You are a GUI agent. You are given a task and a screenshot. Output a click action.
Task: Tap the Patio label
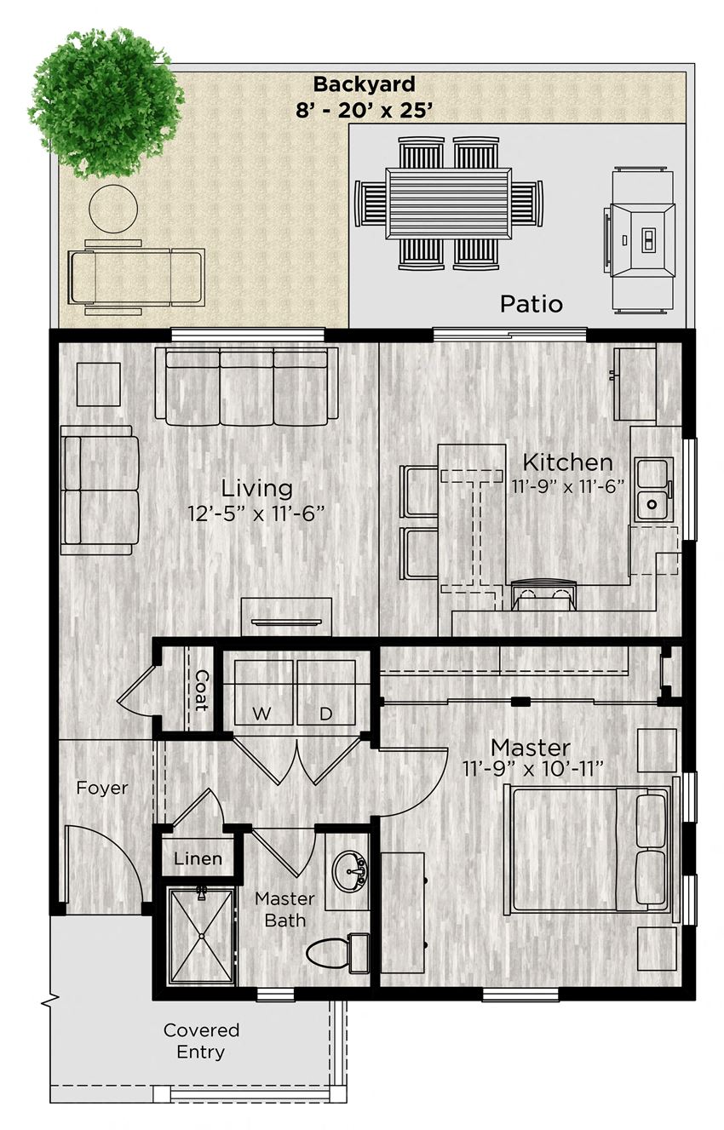pos(531,304)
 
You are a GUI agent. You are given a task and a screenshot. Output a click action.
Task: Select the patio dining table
pos(448,204)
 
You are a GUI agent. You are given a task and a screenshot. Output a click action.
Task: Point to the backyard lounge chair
pos(136,276)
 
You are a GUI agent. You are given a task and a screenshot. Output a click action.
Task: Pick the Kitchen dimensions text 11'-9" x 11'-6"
pos(568,487)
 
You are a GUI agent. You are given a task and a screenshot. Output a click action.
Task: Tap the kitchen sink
pos(653,490)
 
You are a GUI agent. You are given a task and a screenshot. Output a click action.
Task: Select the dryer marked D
pos(326,691)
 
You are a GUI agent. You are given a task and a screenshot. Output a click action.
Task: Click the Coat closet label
pos(201,690)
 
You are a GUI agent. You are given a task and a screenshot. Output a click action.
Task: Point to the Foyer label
pos(102,788)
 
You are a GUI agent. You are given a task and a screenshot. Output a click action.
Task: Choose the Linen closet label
pos(198,859)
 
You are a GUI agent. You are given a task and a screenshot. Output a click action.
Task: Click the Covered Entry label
pos(202,1041)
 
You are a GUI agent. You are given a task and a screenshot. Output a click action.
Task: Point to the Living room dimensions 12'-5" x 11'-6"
pos(257,513)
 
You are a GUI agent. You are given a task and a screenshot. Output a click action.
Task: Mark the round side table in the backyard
pos(113,208)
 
